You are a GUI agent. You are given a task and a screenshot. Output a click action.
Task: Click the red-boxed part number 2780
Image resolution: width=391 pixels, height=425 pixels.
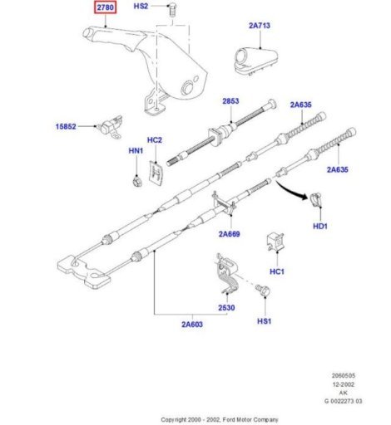pyautogui.click(x=106, y=7)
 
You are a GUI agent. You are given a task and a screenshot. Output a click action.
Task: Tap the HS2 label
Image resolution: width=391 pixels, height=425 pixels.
pyautogui.click(x=141, y=6)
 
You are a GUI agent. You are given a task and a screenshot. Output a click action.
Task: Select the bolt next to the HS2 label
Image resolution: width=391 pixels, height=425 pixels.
pyautogui.click(x=173, y=10)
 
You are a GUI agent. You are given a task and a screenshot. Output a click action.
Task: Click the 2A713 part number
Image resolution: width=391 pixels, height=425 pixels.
pyautogui.click(x=260, y=26)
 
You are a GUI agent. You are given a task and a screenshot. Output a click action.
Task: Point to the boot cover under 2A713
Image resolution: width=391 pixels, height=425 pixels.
pyautogui.click(x=255, y=61)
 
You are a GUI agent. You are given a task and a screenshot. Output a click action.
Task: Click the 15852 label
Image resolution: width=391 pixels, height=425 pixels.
pyautogui.click(x=66, y=126)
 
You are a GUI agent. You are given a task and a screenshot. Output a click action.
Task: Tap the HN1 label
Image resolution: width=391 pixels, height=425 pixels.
pyautogui.click(x=136, y=151)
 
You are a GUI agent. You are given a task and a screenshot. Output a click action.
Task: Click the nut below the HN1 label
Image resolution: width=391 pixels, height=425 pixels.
pyautogui.click(x=136, y=182)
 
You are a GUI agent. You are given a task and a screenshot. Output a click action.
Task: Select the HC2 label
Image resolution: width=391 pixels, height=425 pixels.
pyautogui.click(x=155, y=140)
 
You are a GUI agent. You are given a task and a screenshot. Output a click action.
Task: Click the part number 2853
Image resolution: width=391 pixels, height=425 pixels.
pyautogui.click(x=230, y=101)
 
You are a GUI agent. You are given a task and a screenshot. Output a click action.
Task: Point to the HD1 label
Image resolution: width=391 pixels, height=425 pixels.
pyautogui.click(x=320, y=226)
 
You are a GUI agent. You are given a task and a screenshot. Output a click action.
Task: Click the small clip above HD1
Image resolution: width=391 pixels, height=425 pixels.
pyautogui.click(x=315, y=200)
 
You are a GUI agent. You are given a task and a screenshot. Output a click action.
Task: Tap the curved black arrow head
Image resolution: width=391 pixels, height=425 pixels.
pyautogui.click(x=304, y=197)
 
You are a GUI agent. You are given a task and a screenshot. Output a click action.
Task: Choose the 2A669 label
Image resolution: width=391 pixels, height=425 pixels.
pyautogui.click(x=230, y=234)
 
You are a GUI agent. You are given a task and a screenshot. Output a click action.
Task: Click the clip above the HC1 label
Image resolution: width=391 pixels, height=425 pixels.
pyautogui.click(x=275, y=242)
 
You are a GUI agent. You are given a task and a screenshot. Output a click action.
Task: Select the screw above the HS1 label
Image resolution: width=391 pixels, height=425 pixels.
pyautogui.click(x=262, y=291)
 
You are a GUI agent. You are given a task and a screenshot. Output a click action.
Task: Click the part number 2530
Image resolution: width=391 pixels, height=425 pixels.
pyautogui.click(x=226, y=308)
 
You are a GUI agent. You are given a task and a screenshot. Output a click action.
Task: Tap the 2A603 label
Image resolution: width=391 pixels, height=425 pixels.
pyautogui.click(x=192, y=325)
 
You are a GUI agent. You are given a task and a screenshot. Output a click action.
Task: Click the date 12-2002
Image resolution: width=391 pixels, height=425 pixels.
pyautogui.click(x=344, y=384)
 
